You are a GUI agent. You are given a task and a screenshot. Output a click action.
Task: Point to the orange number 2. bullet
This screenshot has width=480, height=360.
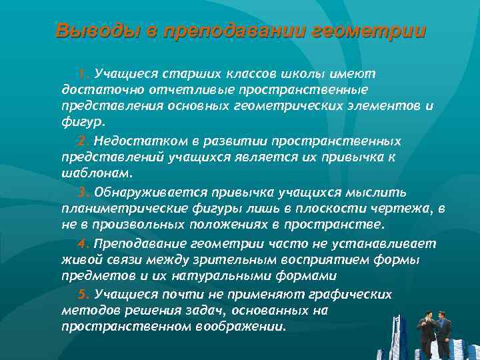coord(83,141)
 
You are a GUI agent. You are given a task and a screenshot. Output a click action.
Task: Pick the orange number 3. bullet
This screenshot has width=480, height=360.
coord(83,193)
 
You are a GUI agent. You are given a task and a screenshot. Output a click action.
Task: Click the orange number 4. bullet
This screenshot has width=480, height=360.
coord(83,244)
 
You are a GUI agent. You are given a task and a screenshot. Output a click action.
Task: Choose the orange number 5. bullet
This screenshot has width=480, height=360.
coord(83,294)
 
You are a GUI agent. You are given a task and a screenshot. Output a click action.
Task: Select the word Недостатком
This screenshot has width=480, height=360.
coord(133,141)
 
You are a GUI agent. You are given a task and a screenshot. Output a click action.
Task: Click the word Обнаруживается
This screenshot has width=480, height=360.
coord(151,193)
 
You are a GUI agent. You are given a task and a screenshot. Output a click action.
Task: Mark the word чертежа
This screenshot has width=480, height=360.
coord(401,209)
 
